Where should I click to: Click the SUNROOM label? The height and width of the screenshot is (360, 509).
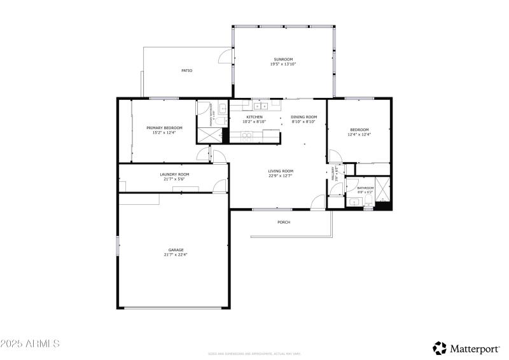[282, 59]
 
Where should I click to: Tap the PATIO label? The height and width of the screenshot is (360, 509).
[186, 71]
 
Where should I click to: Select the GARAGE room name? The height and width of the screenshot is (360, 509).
[176, 249]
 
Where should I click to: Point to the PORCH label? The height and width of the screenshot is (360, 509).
[284, 222]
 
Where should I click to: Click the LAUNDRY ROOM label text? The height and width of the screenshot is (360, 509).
[174, 174]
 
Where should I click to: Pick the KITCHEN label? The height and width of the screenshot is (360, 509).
[254, 117]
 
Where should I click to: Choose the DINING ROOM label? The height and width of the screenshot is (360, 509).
[303, 117]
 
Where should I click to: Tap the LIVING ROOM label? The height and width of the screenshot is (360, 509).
[280, 170]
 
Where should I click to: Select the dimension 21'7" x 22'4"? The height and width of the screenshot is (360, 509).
[176, 254]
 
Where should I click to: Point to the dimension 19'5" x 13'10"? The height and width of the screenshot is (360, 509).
[282, 64]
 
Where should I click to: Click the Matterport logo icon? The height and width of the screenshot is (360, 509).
[440, 347]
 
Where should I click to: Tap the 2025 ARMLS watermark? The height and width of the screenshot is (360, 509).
[30, 343]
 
